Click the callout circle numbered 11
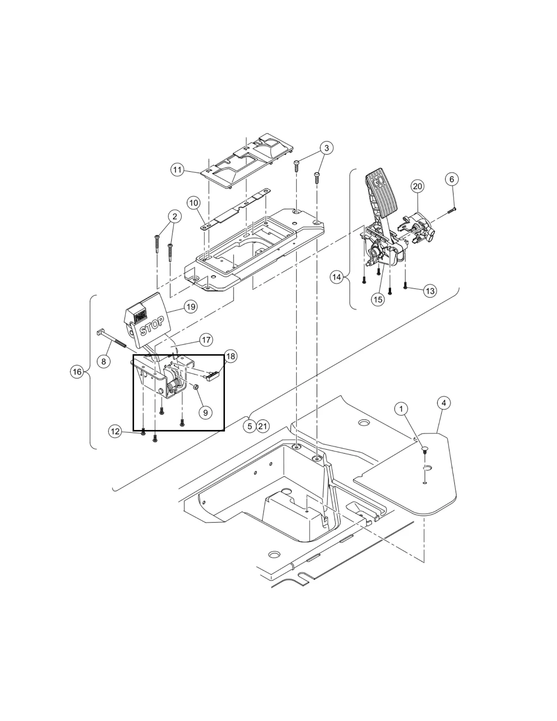(177, 170)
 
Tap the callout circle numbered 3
(326, 148)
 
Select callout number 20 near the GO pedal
(417, 186)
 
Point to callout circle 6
(451, 179)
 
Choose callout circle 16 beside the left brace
(77, 372)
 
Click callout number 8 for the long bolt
(104, 362)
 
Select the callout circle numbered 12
(115, 431)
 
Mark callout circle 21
(263, 426)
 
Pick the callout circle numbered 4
(444, 403)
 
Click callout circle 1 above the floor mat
(401, 409)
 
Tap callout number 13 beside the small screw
(430, 291)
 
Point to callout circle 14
(337, 277)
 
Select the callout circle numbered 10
(193, 204)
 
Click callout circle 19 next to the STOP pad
(191, 307)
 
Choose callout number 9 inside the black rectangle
(205, 412)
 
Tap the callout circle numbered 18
(231, 356)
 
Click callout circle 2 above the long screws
(175, 216)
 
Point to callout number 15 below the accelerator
(378, 299)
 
